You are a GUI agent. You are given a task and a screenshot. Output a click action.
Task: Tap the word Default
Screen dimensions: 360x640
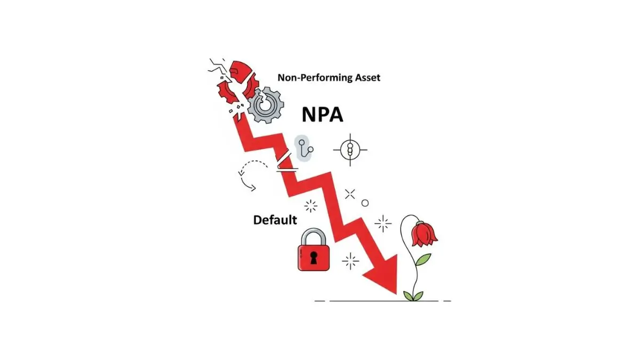pyautogui.click(x=275, y=220)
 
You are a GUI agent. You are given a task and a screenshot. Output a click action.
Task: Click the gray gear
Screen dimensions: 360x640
pyautogui.click(x=265, y=105)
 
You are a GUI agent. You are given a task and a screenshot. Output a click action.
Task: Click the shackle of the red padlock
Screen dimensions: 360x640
pyautogui.click(x=314, y=235)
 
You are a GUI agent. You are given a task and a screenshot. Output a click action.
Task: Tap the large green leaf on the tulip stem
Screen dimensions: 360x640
pyautogui.click(x=422, y=260)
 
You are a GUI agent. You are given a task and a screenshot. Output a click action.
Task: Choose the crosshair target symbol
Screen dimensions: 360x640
pyautogui.click(x=350, y=149)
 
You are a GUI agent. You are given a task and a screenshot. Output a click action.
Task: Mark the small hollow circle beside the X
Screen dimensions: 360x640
pyautogui.click(x=365, y=203)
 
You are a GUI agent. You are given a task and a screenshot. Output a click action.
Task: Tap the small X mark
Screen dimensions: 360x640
pyautogui.click(x=350, y=194)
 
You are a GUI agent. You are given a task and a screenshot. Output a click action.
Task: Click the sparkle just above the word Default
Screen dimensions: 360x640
pyautogui.click(x=310, y=205)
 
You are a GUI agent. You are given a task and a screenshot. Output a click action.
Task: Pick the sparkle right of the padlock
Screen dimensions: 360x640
pyautogui.click(x=350, y=261)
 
